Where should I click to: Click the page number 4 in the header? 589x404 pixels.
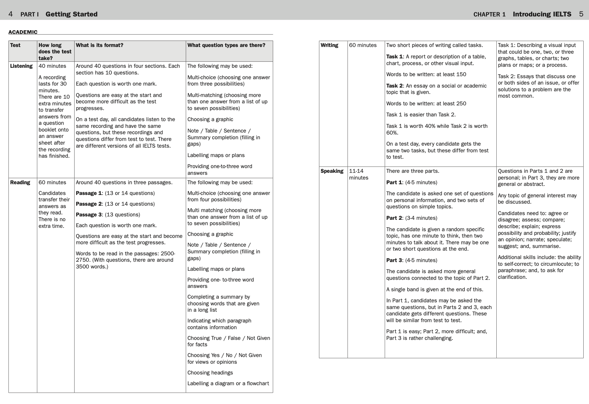click(11, 14)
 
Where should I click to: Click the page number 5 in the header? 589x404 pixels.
click(581, 14)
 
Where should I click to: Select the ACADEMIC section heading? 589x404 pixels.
click(23, 32)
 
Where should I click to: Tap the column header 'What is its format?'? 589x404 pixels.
click(99, 45)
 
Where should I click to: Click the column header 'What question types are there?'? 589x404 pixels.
click(226, 45)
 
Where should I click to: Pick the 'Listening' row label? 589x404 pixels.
click(21, 66)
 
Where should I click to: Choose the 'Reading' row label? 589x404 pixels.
click(20, 183)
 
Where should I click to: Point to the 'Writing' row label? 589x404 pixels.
click(329, 45)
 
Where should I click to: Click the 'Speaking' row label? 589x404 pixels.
click(332, 171)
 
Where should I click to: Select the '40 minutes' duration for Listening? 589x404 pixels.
click(52, 66)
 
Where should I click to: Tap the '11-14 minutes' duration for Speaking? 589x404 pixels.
click(358, 174)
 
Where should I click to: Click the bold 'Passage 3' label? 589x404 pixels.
click(88, 215)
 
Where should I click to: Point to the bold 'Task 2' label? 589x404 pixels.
click(394, 86)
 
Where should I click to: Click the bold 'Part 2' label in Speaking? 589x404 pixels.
click(394, 218)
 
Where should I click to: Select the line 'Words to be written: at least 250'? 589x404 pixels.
click(426, 104)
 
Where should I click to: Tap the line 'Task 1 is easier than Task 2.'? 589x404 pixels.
click(421, 115)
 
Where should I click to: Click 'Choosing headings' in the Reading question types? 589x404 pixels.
click(210, 373)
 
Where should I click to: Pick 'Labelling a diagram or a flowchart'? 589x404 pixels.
click(228, 384)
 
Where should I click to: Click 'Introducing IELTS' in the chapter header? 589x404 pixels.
click(542, 14)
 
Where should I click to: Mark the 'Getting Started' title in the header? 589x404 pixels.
click(72, 14)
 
